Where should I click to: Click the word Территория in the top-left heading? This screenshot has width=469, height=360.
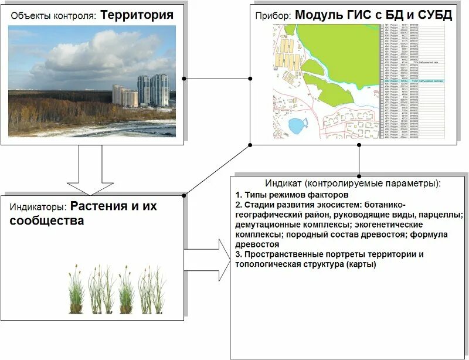pos(137,15)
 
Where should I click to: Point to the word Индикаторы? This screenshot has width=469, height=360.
pos(38,207)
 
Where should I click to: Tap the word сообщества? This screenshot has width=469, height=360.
pos(46,221)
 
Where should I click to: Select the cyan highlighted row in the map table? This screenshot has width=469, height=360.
pos(413,81)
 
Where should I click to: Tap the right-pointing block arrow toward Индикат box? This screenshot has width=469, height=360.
pos(208,259)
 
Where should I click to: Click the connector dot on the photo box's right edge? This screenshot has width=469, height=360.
pos(184,78)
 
